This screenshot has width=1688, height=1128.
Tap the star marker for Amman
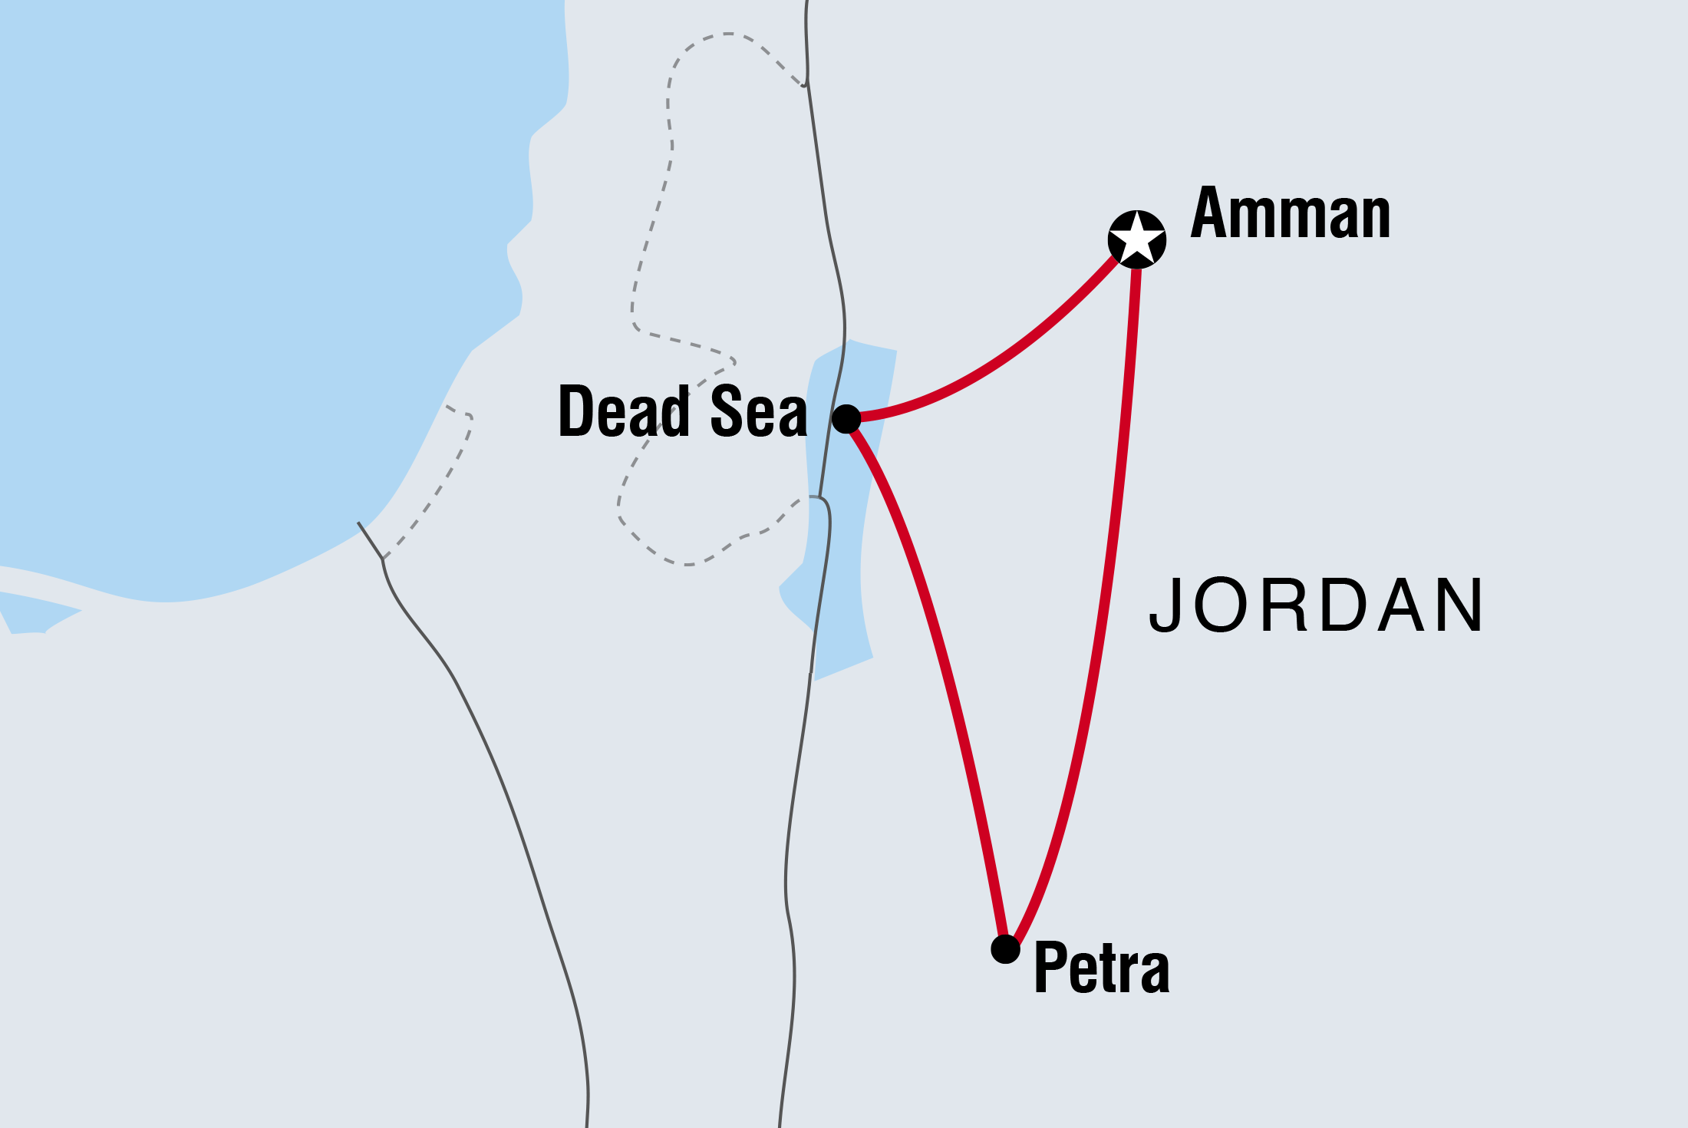coord(1137,239)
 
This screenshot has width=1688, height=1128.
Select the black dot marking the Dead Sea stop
coord(846,419)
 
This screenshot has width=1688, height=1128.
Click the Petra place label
coord(1102,968)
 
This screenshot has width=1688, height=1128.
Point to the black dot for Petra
coord(1005,949)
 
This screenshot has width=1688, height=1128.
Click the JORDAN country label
coord(1317,606)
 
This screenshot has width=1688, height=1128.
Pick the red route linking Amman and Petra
coord(1105,614)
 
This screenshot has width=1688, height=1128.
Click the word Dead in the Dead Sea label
coord(624,412)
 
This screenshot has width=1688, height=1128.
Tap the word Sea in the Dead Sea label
coord(758,412)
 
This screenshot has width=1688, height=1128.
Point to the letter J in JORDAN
coord(1164,606)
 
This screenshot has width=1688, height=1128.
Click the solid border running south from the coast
coord(491,752)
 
